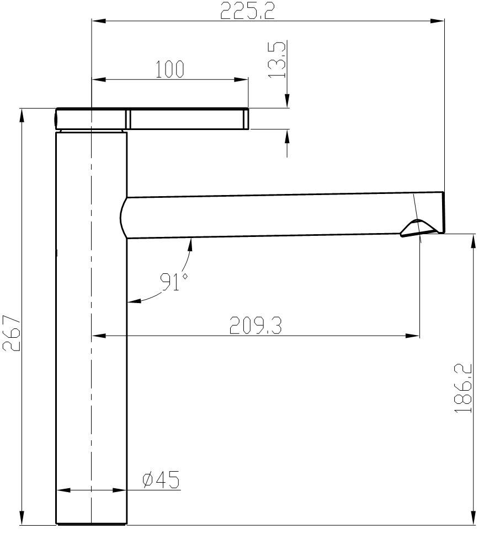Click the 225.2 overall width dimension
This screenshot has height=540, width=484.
(x=247, y=10)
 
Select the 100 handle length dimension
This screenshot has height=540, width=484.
(x=170, y=69)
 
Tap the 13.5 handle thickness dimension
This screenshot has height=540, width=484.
(x=278, y=60)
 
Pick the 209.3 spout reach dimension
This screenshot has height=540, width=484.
(x=256, y=326)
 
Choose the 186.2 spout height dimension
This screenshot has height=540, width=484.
(x=463, y=388)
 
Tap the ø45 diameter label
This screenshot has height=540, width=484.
(x=161, y=479)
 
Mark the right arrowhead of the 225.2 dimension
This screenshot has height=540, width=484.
(x=438, y=21)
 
